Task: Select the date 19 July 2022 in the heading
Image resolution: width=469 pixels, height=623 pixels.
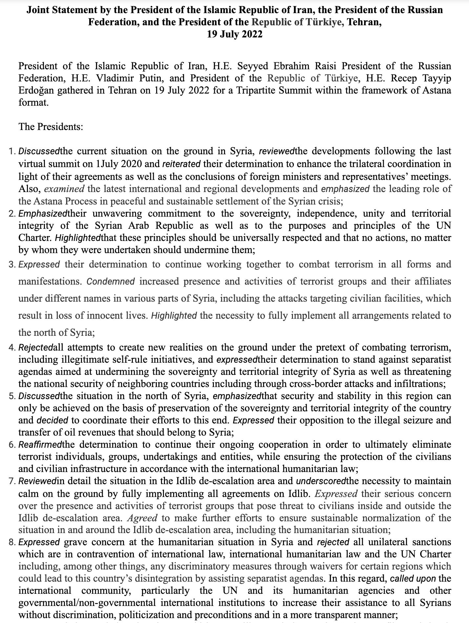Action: coord(234,34)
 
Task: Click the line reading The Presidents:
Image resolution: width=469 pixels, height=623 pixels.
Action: coord(51,126)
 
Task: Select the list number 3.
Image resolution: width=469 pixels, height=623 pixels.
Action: coord(11,265)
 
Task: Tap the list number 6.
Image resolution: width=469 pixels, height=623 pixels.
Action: coord(11,445)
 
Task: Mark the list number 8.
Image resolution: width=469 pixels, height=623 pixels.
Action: coord(11,542)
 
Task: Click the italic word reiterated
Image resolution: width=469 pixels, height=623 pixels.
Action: coord(181,164)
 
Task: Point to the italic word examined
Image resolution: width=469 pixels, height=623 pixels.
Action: coord(64,189)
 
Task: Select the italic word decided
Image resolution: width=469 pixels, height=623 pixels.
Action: coord(52,420)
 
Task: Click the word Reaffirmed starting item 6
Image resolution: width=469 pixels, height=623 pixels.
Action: coord(40,445)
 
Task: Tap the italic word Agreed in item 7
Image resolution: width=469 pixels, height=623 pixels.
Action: coord(142,518)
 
